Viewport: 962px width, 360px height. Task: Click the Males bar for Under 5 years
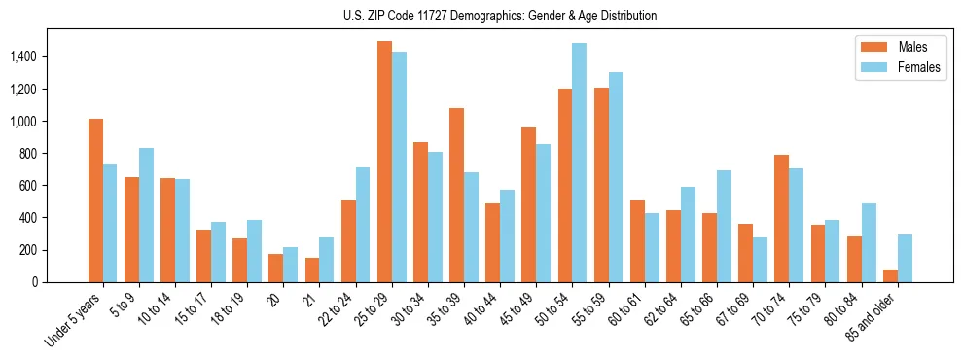95,200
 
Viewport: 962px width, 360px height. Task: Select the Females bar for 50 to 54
579,162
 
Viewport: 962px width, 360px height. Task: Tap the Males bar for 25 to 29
384,162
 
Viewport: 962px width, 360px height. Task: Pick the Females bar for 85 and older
905,258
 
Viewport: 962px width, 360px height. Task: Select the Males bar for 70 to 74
782,218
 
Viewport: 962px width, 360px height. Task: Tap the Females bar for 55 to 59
615,177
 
